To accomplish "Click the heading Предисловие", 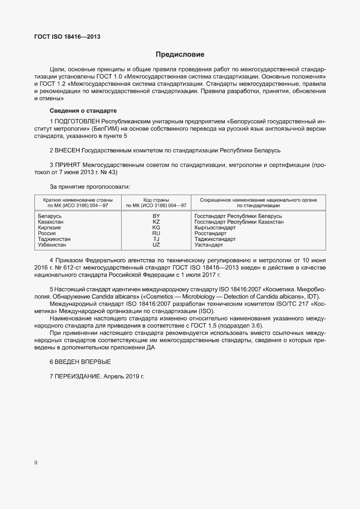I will point(180,55).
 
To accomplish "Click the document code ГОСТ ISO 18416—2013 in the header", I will point(67,37).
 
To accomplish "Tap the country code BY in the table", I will point(156,216).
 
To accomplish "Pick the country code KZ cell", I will point(156,222).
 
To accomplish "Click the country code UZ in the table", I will point(156,245).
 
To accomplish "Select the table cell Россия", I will point(47,233).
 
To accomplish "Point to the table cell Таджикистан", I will point(54,239).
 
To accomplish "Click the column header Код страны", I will point(156,200).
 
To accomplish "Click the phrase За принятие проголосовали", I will point(90,186).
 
